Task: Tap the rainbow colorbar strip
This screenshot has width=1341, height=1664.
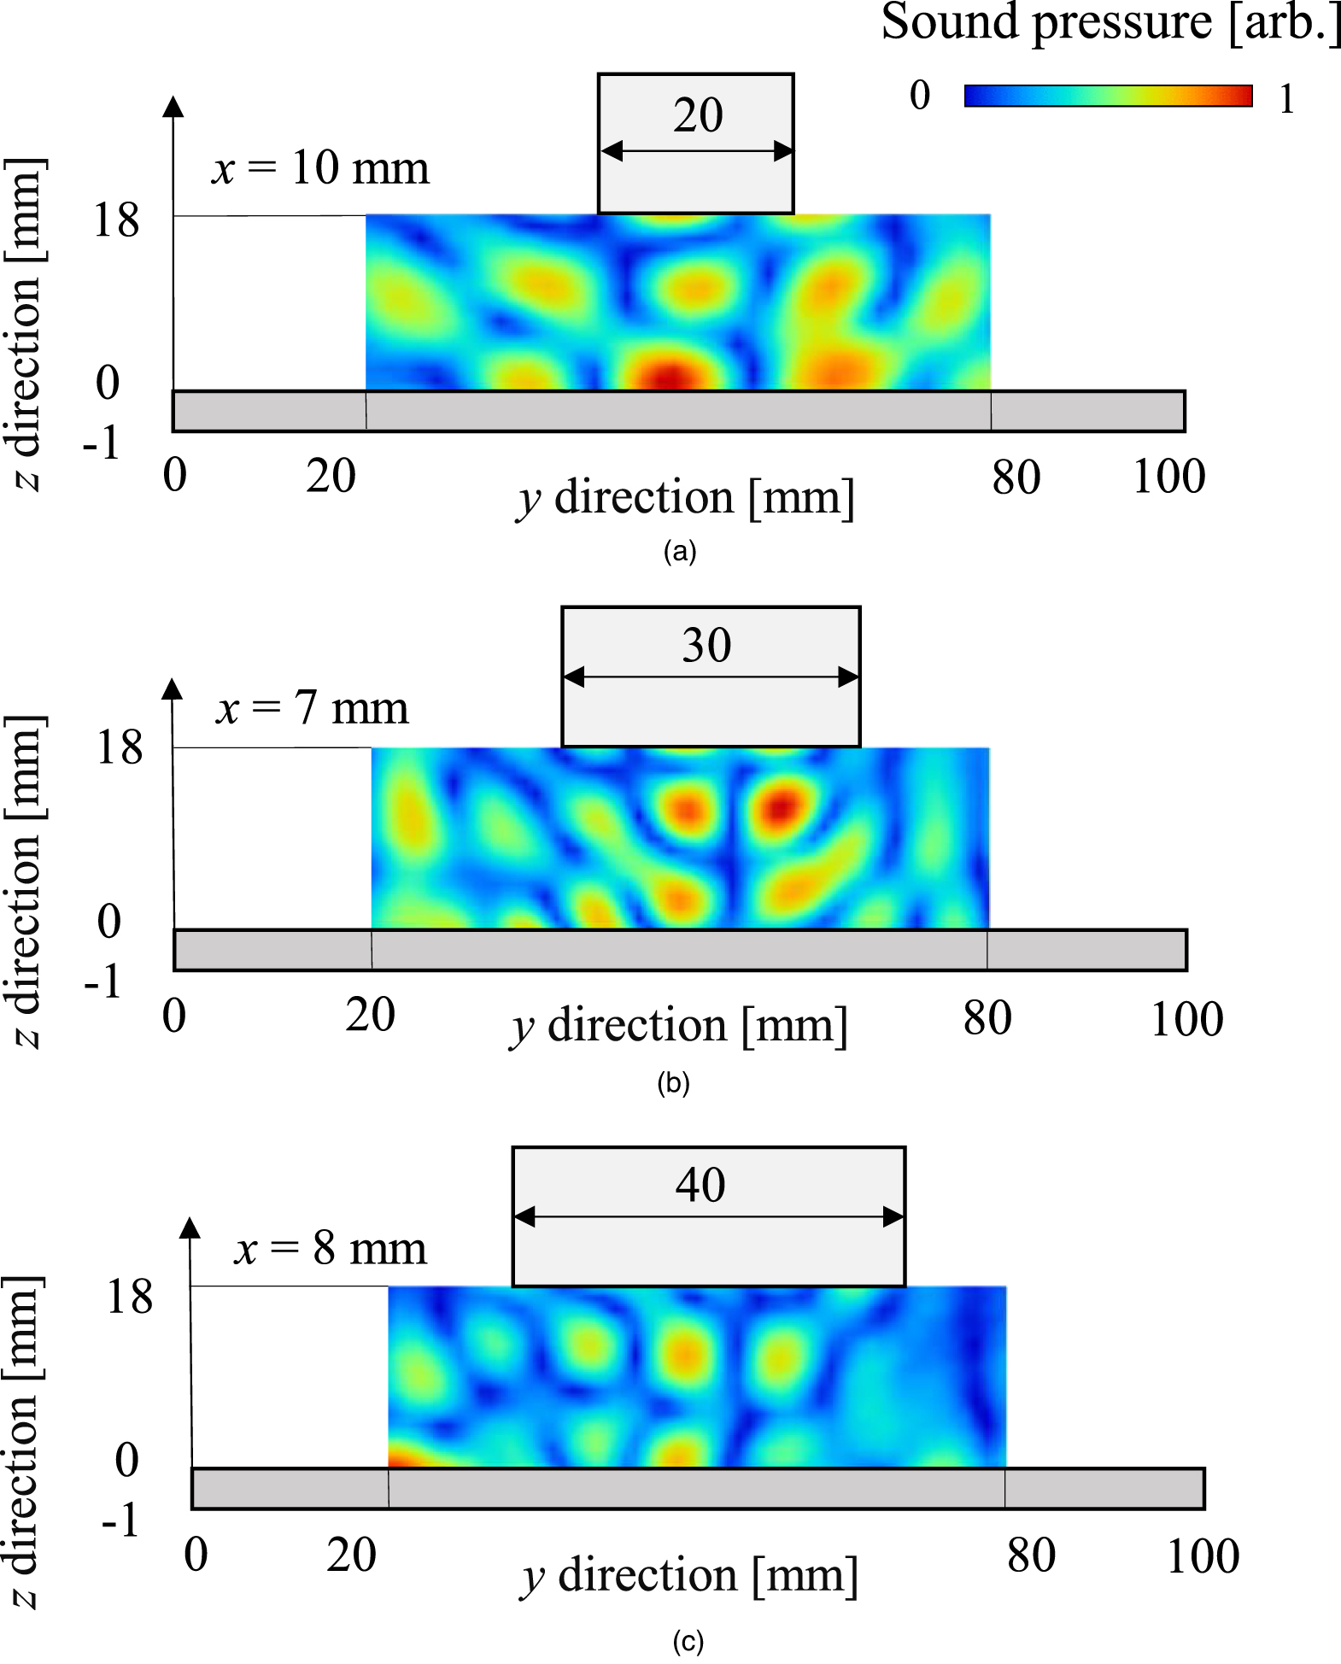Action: point(1108,96)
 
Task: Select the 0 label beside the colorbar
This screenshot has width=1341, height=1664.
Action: point(919,96)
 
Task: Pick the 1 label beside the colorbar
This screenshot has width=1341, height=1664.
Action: point(1286,100)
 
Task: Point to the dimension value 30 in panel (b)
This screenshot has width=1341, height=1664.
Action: point(706,645)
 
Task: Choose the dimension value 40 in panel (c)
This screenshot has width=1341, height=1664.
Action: point(700,1185)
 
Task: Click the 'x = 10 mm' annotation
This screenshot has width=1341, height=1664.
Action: point(320,167)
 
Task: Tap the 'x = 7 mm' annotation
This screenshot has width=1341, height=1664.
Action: point(313,708)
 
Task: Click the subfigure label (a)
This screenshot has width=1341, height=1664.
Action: point(680,552)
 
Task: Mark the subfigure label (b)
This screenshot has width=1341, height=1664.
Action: point(673,1083)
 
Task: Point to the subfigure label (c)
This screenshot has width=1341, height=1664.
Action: point(688,1642)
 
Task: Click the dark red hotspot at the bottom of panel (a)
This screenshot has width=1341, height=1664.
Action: point(670,376)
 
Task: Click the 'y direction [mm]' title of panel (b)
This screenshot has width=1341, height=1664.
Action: point(679,1026)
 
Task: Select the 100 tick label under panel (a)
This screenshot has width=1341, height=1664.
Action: point(1168,477)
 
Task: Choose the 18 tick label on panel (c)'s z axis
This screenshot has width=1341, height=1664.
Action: point(129,1297)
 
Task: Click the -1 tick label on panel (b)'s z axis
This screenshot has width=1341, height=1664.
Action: point(102,982)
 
